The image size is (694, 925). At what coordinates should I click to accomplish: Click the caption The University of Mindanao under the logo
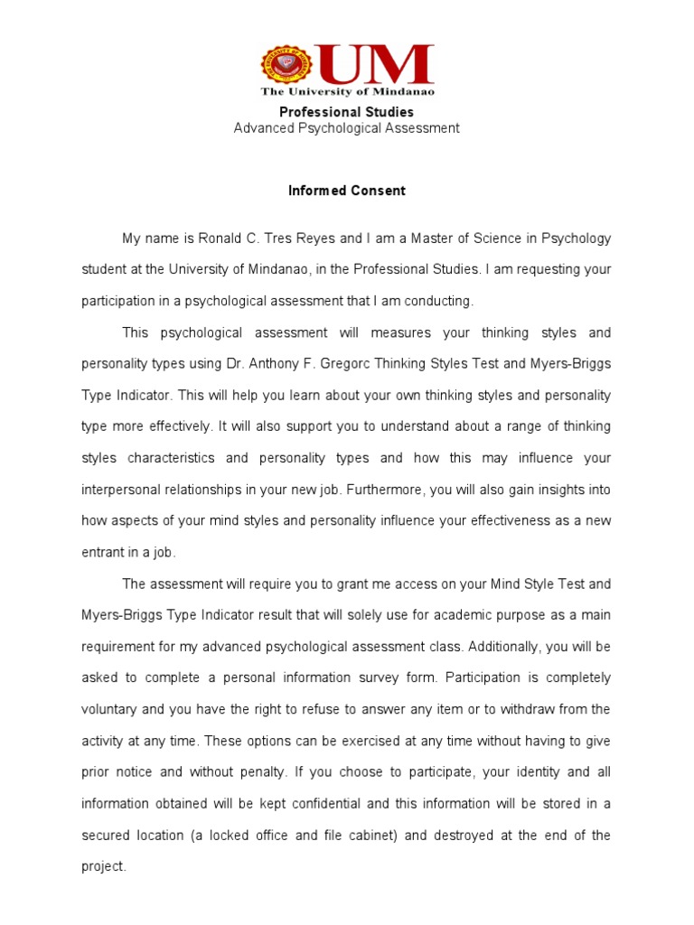348,92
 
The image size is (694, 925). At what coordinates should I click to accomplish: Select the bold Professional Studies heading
346,112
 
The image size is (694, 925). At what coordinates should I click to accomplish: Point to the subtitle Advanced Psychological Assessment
346,128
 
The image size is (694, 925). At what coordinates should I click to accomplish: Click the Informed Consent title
347,191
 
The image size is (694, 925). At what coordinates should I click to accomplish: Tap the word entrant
102,552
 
